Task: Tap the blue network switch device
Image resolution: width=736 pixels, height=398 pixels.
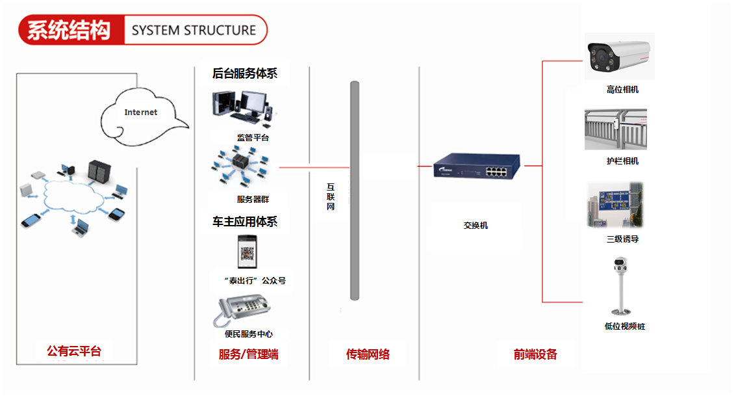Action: tap(478, 166)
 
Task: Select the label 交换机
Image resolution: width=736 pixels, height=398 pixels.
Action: tap(476, 225)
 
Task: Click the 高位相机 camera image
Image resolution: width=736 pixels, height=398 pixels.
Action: tap(618, 57)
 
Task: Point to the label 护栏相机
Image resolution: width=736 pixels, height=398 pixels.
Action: tap(622, 161)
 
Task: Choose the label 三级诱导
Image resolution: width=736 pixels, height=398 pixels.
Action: tap(622, 239)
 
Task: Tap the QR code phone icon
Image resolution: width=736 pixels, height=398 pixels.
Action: tap(247, 252)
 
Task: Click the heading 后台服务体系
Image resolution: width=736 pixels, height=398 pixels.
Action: tap(244, 73)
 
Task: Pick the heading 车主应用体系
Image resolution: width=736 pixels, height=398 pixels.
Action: tap(244, 222)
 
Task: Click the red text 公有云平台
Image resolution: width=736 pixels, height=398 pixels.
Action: tap(74, 352)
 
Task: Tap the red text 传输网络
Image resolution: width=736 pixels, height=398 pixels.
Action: tap(368, 354)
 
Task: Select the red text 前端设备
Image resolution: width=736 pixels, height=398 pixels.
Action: tap(535, 354)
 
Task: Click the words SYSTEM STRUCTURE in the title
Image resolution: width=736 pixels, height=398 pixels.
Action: tap(194, 30)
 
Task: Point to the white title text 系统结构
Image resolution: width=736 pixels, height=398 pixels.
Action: tap(70, 30)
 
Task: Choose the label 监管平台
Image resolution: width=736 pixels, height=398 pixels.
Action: tap(253, 138)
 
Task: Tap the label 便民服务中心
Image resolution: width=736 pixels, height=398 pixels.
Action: tap(249, 334)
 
